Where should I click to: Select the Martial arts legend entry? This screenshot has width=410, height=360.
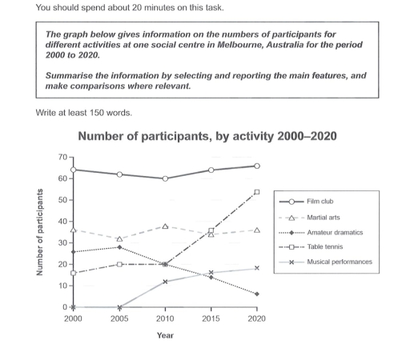(x=324, y=218)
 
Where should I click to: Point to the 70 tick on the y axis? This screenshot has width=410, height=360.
(x=62, y=157)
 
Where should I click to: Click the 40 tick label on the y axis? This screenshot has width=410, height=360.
(x=62, y=222)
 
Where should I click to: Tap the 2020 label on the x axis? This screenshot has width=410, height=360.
(x=256, y=318)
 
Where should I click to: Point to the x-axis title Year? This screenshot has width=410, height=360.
(x=165, y=336)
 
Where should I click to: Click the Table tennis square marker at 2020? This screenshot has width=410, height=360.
(x=256, y=192)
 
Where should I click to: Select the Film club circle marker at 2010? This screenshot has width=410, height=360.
(x=165, y=178)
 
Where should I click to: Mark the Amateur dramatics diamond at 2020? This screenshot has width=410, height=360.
(x=256, y=294)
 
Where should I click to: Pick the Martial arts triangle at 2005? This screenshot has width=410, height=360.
(x=119, y=238)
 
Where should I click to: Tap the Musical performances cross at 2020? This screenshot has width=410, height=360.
(x=256, y=268)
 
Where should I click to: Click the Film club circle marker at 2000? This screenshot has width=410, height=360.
(x=74, y=170)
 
